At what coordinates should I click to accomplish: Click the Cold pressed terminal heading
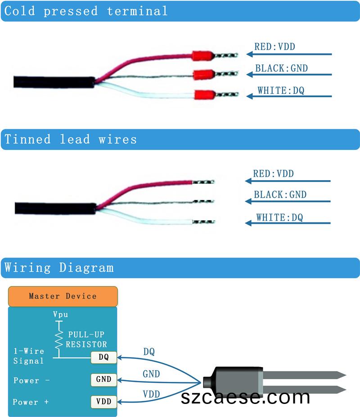point(85,11)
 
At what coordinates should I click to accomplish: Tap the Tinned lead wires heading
point(70,139)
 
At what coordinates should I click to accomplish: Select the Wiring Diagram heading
point(59,267)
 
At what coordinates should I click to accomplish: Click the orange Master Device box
point(63,296)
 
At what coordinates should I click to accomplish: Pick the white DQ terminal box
point(103,358)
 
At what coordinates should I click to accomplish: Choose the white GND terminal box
point(103,379)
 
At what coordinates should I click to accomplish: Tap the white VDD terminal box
point(103,401)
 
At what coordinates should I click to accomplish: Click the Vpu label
point(60,315)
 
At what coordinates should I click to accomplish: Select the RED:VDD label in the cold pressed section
point(274,46)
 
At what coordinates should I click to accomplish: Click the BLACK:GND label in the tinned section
point(280,195)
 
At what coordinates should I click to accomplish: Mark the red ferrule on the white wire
point(203,95)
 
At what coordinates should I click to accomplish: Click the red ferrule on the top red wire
point(202,56)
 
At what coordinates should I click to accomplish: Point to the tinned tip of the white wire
point(204,222)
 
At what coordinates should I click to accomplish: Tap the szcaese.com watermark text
point(245,397)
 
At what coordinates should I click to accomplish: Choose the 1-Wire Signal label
point(29,356)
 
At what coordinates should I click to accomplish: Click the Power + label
point(31,402)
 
